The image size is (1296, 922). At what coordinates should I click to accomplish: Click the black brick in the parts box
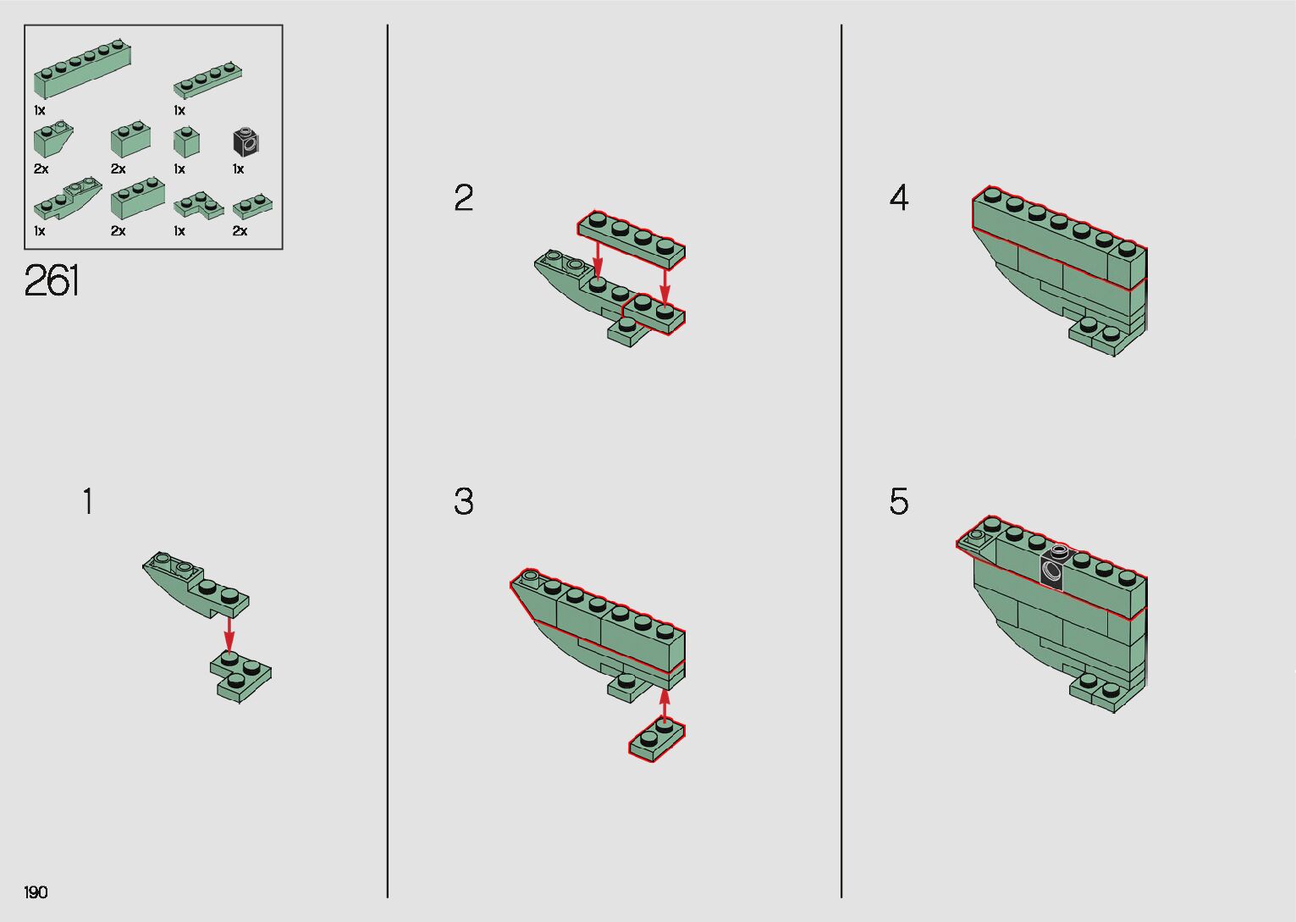coord(245,141)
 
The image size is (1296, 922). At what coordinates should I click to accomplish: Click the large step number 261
coord(52,281)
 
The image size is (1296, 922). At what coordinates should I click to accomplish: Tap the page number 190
coord(36,892)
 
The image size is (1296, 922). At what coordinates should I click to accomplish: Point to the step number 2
coord(463,197)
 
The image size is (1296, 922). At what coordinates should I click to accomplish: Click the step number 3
coord(463,501)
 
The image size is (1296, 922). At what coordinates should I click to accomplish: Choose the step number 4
coord(898,197)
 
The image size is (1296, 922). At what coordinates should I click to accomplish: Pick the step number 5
coord(898,501)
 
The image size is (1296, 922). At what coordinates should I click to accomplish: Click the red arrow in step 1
coord(229,635)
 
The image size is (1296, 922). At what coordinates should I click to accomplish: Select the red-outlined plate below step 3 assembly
coord(657,739)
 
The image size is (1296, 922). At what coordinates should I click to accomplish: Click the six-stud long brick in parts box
coord(82,69)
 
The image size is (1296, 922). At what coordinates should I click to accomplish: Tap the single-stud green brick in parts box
coord(186,141)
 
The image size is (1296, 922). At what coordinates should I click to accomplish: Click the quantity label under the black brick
coord(239,169)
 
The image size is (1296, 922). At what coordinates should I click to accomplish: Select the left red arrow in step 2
coord(598,259)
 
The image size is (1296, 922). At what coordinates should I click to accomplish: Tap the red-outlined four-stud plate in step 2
coord(631,240)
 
